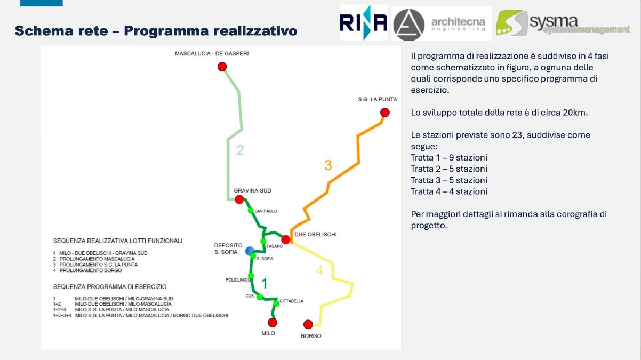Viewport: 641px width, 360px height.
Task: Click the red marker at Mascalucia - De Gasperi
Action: [x=222, y=67]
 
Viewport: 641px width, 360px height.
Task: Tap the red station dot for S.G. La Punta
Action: [x=384, y=113]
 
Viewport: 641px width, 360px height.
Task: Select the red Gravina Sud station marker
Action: [x=239, y=199]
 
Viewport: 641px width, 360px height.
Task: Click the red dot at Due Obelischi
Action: [x=286, y=239]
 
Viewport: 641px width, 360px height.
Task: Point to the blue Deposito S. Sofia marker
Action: [x=250, y=251]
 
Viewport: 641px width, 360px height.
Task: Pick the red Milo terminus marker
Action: [x=273, y=322]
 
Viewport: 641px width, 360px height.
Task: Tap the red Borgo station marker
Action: [x=308, y=324]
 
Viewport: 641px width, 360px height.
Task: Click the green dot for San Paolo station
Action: [x=250, y=210]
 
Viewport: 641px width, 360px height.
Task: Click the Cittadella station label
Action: [x=291, y=301]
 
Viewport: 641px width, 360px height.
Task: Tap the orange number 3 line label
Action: [x=328, y=165]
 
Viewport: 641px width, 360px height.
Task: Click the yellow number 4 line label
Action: [x=319, y=271]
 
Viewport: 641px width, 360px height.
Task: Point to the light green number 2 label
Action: [x=240, y=150]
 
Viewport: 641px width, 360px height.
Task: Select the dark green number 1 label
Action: [x=263, y=283]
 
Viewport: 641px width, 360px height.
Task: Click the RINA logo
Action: [x=363, y=22]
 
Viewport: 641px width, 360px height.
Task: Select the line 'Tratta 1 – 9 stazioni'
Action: [x=449, y=158]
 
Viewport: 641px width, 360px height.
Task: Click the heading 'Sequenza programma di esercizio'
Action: [x=110, y=287]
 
